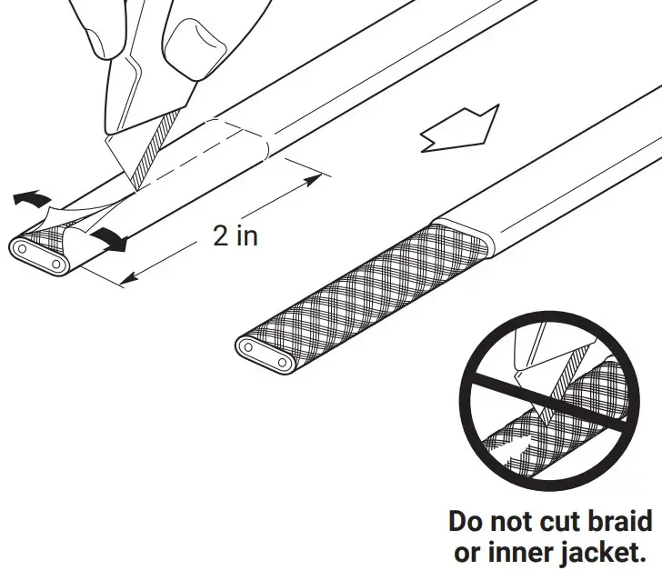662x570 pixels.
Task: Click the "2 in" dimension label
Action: [235, 235]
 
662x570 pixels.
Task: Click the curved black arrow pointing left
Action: [33, 197]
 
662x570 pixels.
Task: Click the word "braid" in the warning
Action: [618, 522]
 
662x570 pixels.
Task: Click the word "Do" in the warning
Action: [467, 522]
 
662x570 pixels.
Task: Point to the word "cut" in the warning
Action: [557, 522]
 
